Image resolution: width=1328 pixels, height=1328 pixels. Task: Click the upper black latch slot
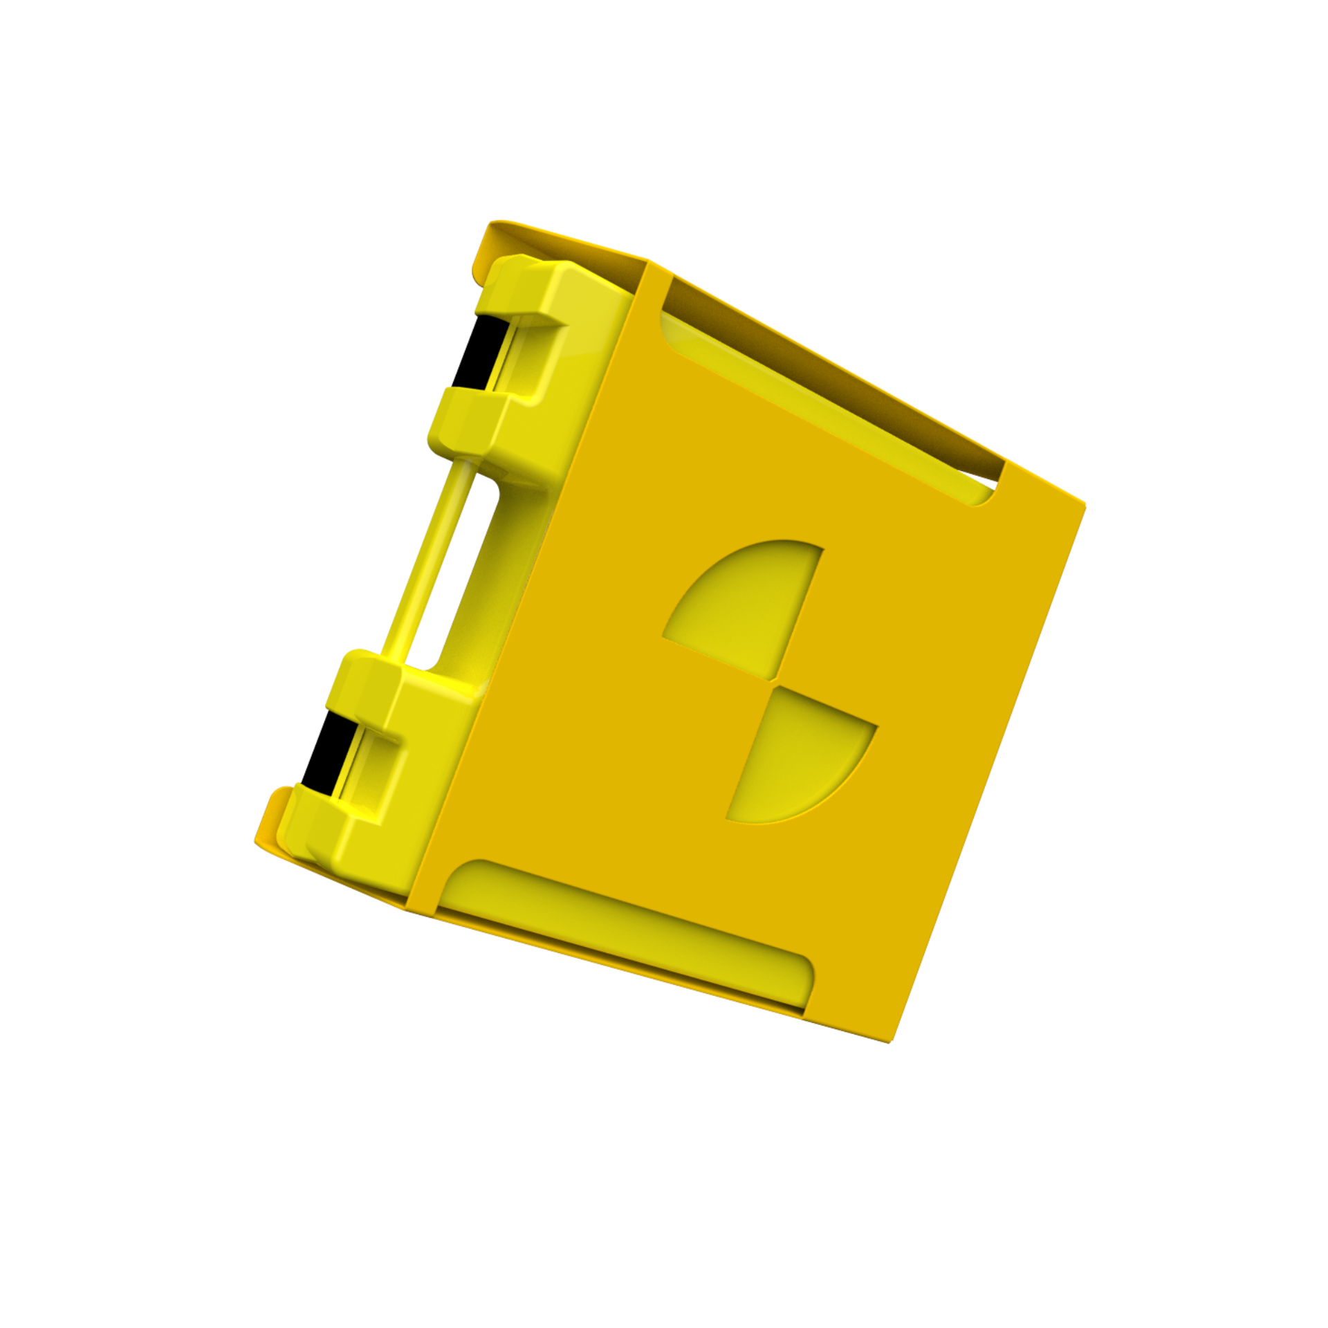pyautogui.click(x=474, y=351)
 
